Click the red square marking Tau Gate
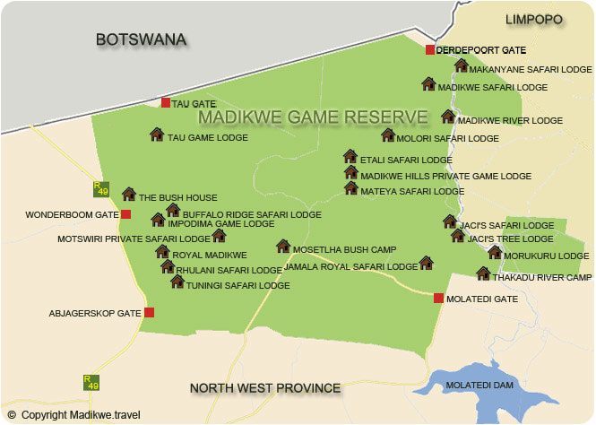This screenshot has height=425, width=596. click(x=166, y=103)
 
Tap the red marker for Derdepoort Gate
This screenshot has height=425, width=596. click(x=430, y=49)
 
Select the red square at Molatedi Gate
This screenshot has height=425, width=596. click(x=438, y=298)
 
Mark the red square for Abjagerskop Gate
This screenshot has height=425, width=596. click(x=150, y=312)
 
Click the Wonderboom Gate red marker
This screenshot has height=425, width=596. click(x=126, y=214)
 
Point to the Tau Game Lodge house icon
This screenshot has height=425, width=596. click(x=157, y=134)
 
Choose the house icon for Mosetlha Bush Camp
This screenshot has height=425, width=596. click(x=283, y=246)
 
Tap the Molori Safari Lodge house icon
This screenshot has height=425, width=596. click(x=388, y=135)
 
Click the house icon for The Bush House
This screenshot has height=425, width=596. click(x=129, y=194)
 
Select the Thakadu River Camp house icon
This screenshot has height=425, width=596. click(x=484, y=273)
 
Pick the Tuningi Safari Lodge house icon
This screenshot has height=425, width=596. click(x=177, y=282)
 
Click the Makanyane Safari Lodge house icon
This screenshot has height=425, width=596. click(x=462, y=65)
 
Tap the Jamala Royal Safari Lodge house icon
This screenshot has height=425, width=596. click(x=427, y=263)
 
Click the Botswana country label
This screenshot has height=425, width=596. click(x=141, y=39)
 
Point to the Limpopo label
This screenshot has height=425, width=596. click(x=532, y=19)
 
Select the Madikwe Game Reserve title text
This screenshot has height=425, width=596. click(x=313, y=117)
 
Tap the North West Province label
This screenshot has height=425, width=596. click(x=265, y=388)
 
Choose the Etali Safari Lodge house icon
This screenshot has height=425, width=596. click(x=350, y=156)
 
